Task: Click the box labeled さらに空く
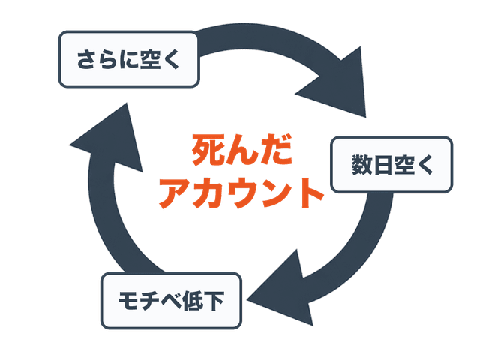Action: point(128,58)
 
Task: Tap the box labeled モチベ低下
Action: point(171,301)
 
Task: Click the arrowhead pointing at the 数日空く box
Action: point(337,86)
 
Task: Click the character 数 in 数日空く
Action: point(362,165)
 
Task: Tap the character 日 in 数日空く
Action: point(382,165)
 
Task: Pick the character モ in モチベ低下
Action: point(127,301)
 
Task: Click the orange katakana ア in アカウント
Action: point(176,193)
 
